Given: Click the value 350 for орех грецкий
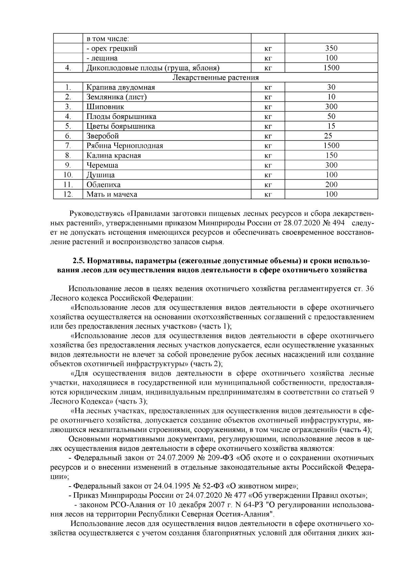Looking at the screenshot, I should [331, 48].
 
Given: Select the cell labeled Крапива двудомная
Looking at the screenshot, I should [120, 87].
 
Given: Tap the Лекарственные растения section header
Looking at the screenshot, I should [215, 78].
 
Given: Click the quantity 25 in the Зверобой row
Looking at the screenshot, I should [328, 136].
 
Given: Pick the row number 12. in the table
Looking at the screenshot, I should [68, 194].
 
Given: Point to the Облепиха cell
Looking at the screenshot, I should [103, 185].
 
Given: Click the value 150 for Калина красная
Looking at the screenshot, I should [331, 156].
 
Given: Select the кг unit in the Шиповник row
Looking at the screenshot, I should [268, 107].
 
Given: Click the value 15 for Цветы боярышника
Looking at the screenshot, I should [331, 126].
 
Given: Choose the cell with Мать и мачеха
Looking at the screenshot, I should [112, 194].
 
